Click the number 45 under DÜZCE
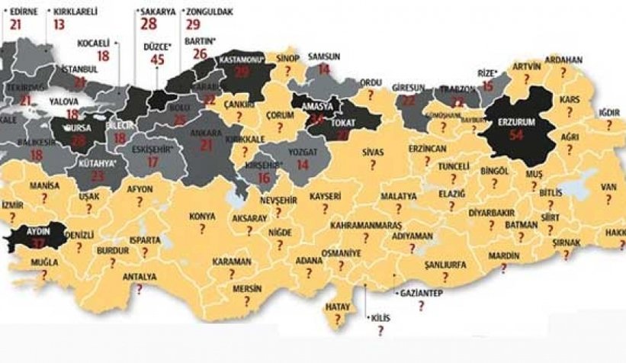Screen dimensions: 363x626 click(x=159, y=60)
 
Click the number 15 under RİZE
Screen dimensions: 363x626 click(x=488, y=86)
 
